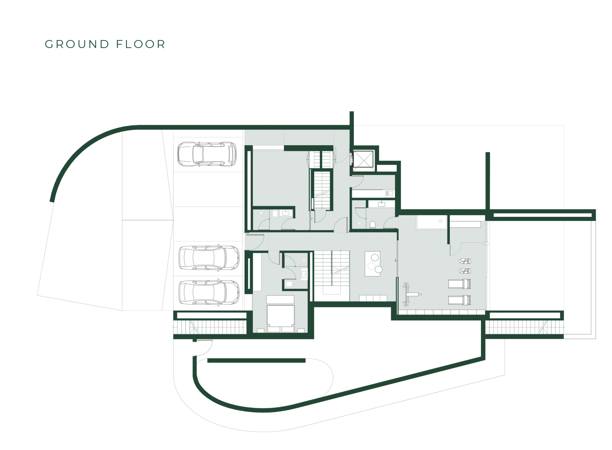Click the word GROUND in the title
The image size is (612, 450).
click(77, 44)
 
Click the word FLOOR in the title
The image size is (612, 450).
click(141, 44)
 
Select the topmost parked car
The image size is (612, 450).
click(207, 154)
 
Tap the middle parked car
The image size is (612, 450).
click(209, 258)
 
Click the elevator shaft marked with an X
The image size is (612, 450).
click(363, 159)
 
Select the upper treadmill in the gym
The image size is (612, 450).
click(459, 284)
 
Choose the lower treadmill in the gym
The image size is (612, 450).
click(459, 300)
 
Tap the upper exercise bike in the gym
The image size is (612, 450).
click(465, 261)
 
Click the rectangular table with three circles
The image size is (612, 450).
click(372, 264)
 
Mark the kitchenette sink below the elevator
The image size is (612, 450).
click(389, 194)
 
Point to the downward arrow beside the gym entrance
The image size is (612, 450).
click(395, 260)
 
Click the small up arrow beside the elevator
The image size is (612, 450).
click(351, 157)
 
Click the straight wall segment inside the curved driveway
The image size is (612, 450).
click(256, 361)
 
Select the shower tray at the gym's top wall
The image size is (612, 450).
click(431, 222)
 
